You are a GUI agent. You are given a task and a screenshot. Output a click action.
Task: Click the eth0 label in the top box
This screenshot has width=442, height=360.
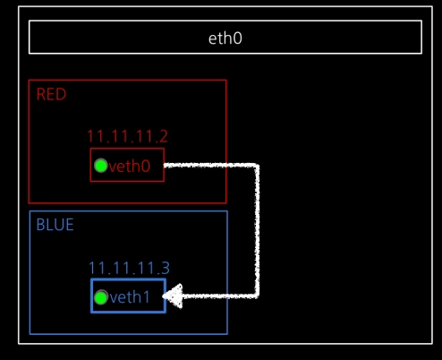[225, 39]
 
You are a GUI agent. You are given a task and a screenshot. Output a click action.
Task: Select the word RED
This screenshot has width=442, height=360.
[51, 94]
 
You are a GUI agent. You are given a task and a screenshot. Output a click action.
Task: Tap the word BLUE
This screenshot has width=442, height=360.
[55, 225]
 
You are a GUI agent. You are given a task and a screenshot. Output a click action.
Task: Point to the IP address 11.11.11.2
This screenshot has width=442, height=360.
[128, 136]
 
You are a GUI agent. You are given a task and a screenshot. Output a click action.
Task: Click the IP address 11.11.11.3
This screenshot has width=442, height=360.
[129, 268]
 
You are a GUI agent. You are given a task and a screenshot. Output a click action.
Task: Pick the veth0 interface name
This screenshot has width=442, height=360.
[130, 167]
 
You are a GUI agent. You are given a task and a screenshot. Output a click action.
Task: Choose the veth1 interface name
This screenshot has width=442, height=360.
[130, 297]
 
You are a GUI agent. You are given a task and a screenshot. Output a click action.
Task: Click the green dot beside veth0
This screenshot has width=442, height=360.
[101, 166]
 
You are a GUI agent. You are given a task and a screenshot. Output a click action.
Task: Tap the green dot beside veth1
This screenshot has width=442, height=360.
[101, 297]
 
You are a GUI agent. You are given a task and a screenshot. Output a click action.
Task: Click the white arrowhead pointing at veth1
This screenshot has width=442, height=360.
[173, 296]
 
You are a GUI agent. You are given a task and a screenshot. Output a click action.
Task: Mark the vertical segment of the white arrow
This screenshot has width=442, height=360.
[257, 230]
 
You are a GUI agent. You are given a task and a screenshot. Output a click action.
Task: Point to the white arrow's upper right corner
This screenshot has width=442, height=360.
[257, 166]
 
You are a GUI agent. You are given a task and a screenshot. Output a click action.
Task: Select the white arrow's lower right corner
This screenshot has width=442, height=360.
[257, 296]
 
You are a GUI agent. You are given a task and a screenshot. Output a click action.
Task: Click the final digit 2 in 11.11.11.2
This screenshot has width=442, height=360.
[164, 136]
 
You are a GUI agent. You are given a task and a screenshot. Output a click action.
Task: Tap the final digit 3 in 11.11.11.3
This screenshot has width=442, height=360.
[166, 268]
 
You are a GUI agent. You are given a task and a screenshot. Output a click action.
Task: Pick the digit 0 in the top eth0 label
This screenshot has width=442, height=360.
[238, 39]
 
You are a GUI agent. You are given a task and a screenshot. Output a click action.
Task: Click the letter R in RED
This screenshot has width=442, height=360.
[41, 94]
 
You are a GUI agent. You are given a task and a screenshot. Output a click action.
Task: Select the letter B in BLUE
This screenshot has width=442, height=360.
[40, 225]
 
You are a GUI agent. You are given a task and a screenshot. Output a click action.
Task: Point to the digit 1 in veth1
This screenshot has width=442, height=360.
[146, 297]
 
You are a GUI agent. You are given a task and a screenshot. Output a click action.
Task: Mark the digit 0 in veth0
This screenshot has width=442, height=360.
[146, 167]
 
